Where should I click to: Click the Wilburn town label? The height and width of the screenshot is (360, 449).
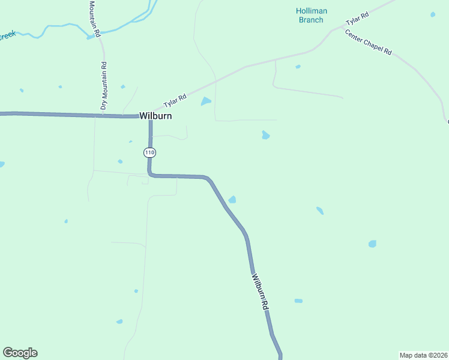coord(155,116)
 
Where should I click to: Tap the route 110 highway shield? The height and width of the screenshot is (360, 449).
coord(149,153)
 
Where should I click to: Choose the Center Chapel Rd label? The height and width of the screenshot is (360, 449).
coord(369,42)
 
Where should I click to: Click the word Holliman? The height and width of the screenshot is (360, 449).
coord(312,11)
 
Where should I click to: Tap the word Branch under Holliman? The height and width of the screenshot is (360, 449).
coord(311,20)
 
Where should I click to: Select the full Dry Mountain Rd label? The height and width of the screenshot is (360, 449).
coord(104,85)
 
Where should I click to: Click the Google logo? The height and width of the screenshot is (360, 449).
coord(20,353)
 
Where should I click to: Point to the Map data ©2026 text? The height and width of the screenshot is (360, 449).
coord(423,355)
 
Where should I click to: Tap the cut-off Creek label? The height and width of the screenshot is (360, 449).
coord(7,36)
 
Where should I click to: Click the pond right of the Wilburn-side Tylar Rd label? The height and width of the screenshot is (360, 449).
coord(206,101)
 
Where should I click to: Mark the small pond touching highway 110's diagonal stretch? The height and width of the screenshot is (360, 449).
coord(232,199)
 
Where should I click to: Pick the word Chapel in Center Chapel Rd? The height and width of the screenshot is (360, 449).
coord(371,43)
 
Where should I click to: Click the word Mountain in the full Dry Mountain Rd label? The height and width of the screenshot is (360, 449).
coord(104,85)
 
